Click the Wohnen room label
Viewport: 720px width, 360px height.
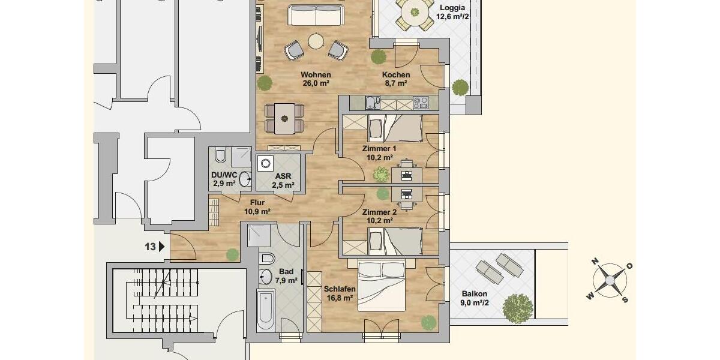[x=316, y=74]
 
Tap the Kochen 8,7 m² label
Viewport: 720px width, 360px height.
[x=395, y=79]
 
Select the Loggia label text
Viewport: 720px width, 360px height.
[x=452, y=8]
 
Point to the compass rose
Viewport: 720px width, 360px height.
[x=609, y=281]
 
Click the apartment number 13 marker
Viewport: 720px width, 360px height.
[x=154, y=247]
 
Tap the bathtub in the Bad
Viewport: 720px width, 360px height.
[x=266, y=309]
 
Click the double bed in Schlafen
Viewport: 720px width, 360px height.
[x=382, y=286]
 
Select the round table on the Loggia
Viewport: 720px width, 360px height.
[x=415, y=13]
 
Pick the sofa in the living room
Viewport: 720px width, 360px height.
[x=316, y=15]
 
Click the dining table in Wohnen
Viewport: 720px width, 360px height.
[x=284, y=119]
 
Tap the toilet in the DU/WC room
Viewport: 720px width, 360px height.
[x=221, y=155]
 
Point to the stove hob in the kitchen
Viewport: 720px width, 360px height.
[x=421, y=103]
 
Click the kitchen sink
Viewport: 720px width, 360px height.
[x=373, y=103]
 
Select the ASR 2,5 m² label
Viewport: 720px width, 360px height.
[x=283, y=181]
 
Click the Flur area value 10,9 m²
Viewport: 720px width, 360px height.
[x=257, y=211]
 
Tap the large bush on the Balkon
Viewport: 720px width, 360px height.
[x=517, y=308]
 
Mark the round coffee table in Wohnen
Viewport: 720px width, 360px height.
[x=316, y=41]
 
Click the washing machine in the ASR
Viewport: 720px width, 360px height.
[x=265, y=163]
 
